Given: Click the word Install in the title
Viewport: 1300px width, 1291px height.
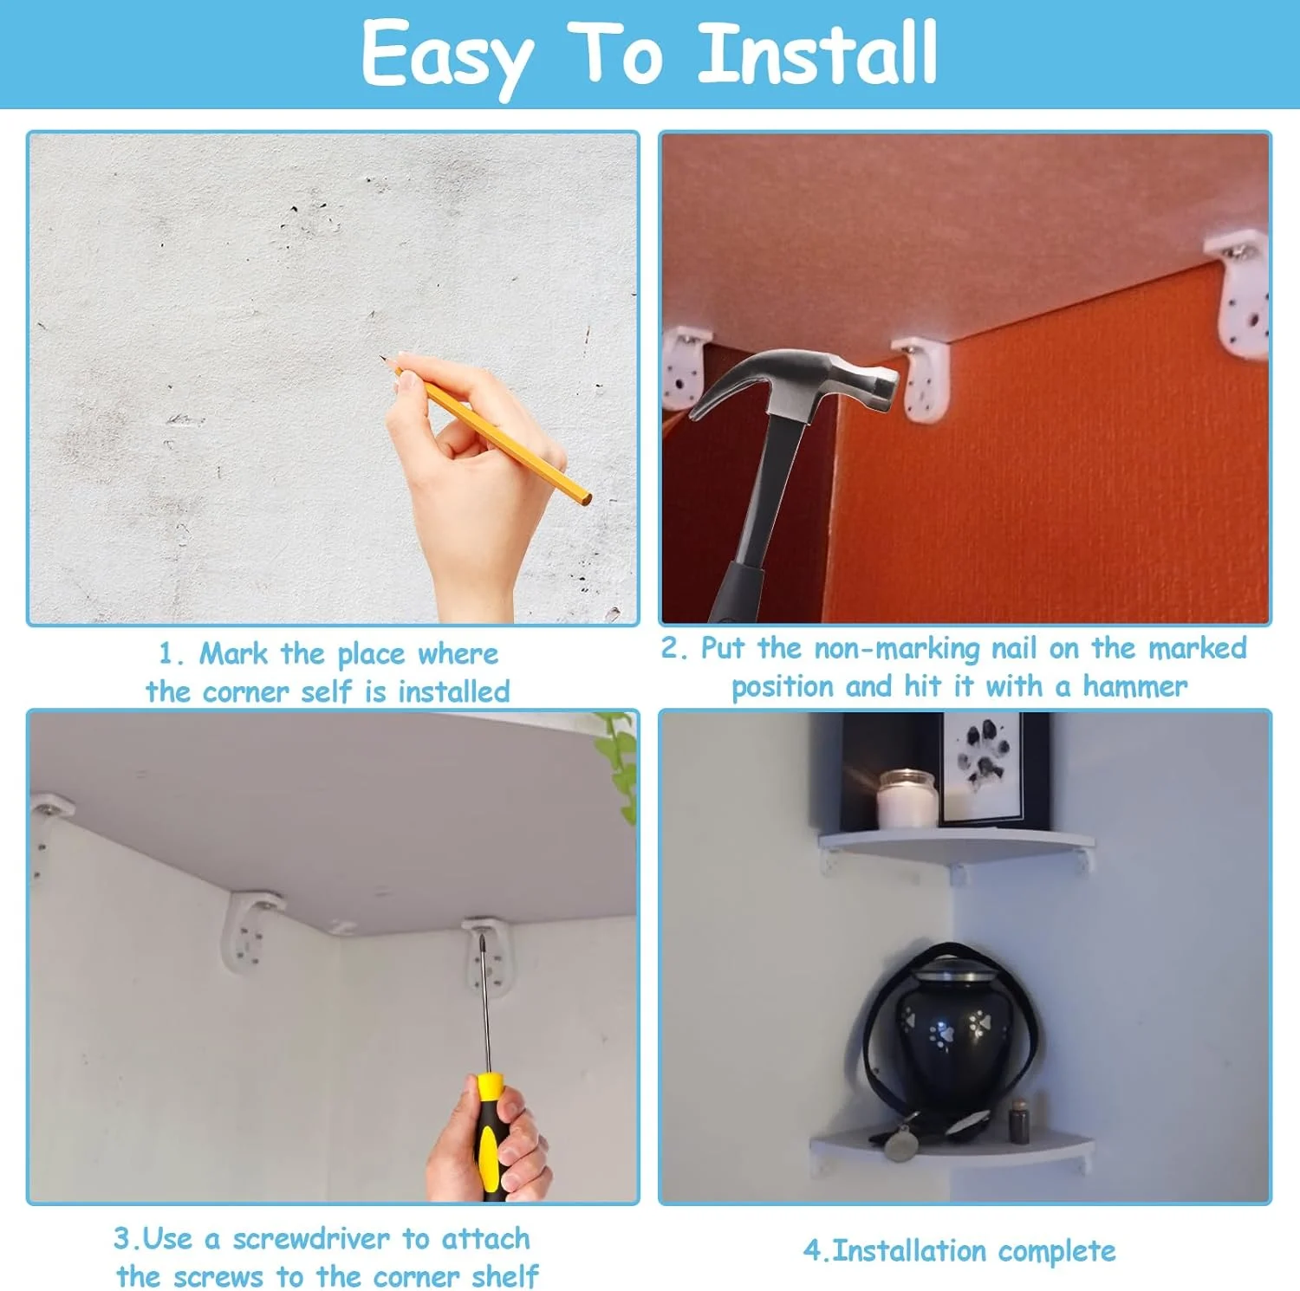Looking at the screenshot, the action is (818, 54).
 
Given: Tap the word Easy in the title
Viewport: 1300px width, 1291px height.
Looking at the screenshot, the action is (446, 56).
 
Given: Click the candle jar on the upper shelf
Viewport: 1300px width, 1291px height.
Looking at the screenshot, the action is (907, 799).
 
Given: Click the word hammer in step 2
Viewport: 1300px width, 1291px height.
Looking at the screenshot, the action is (1134, 687).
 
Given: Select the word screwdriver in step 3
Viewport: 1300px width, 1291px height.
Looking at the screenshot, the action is (312, 1239).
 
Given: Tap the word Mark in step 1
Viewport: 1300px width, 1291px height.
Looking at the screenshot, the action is (233, 653).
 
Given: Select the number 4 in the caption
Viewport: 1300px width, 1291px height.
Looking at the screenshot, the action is (811, 1251).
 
